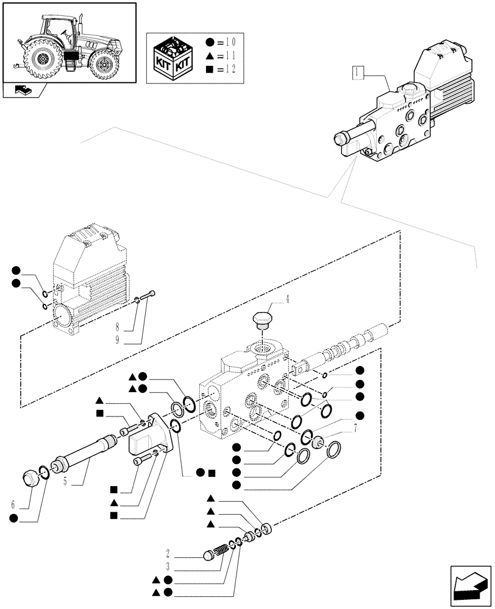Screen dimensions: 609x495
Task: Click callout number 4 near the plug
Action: pyautogui.click(x=288, y=300)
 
